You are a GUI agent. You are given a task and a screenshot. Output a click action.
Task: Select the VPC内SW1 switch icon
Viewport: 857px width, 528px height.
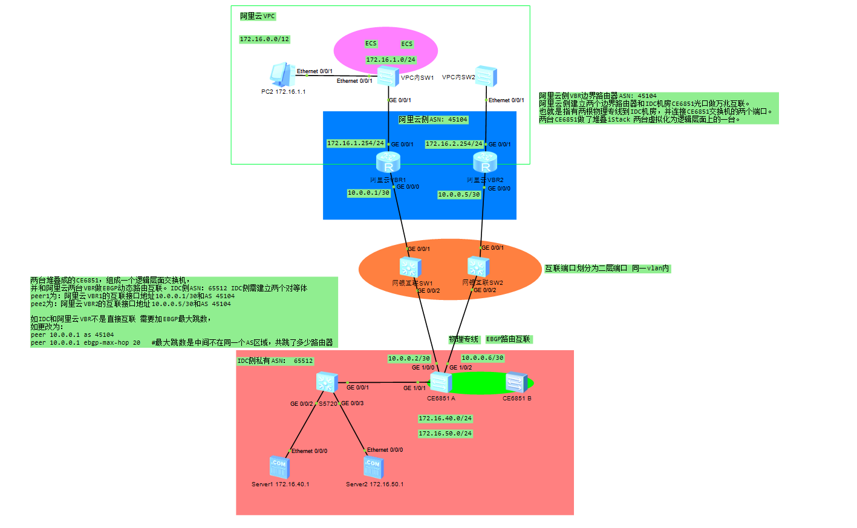point(388,77)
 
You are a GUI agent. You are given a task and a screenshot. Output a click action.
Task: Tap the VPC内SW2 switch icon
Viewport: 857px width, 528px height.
point(486,76)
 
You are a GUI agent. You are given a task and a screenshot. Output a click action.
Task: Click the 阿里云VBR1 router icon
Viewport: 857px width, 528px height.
point(388,163)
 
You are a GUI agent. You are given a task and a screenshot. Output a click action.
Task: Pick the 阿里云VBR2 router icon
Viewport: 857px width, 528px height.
point(485,163)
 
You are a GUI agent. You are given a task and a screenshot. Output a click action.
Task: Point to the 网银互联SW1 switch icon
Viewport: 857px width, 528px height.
point(410,267)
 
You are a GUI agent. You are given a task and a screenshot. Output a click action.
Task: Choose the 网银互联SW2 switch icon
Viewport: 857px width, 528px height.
point(478,267)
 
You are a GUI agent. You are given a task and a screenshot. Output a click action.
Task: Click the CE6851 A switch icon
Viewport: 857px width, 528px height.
point(440,383)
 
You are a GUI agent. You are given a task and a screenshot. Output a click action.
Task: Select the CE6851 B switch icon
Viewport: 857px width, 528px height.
point(516,383)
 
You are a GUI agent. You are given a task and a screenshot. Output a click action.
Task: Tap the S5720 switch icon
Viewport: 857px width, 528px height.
point(327,383)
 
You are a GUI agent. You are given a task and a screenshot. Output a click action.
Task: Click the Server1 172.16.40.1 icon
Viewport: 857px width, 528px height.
point(279,467)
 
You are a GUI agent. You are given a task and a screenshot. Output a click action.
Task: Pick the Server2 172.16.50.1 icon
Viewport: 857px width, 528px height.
point(374,467)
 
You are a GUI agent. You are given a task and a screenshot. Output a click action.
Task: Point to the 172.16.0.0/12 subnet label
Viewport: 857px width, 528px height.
point(264,39)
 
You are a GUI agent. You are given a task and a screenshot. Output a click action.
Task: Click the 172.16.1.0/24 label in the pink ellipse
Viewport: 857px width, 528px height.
point(391,60)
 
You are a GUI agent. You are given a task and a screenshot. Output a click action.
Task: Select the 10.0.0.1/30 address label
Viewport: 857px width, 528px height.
point(368,193)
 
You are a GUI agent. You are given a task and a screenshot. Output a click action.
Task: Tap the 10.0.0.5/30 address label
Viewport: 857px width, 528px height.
point(459,195)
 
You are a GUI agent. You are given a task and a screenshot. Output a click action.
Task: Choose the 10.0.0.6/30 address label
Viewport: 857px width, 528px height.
point(483,358)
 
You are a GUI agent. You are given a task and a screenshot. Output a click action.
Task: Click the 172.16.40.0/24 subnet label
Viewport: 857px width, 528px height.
point(445,419)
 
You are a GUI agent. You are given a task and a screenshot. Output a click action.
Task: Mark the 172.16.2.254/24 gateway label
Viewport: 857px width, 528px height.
point(454,144)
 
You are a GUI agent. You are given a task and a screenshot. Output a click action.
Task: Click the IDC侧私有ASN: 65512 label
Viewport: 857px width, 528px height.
point(275,361)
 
